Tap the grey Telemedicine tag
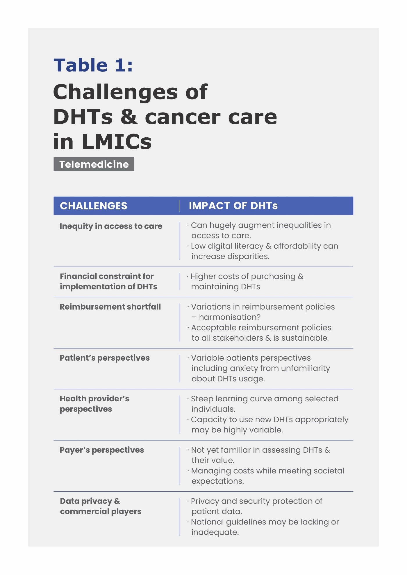(94, 164)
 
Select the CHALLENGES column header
(93, 206)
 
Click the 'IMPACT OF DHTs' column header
(233, 206)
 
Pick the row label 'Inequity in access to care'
(111, 226)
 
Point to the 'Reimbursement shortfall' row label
(110, 307)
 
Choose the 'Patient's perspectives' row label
(105, 358)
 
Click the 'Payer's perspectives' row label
(102, 450)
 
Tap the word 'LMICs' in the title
(117, 142)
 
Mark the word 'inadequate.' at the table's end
(215, 532)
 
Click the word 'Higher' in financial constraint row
(203, 276)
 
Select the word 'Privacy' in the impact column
(205, 501)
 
